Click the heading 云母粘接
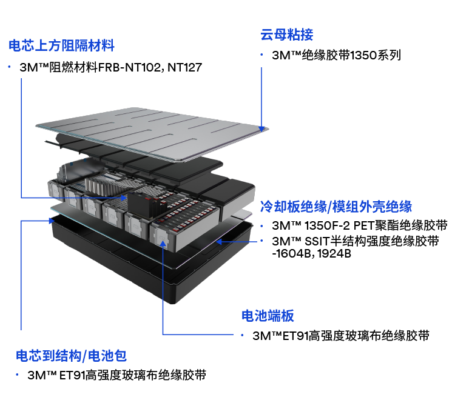pos(287,35)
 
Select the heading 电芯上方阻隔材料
pos(61,45)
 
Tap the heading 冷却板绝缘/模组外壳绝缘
pos(336,207)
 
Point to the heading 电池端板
pos(268,316)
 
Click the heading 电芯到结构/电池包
pos(72,356)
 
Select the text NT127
pos(185,67)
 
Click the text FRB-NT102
pos(129,67)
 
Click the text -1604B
pos(291,253)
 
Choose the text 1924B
pos(334,253)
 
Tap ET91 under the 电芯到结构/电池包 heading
pos(72,375)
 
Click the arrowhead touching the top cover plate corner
pos(261,128)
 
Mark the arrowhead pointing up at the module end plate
pos(163,242)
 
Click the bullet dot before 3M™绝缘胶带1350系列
pos(261,55)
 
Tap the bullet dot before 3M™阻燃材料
pos(10,67)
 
